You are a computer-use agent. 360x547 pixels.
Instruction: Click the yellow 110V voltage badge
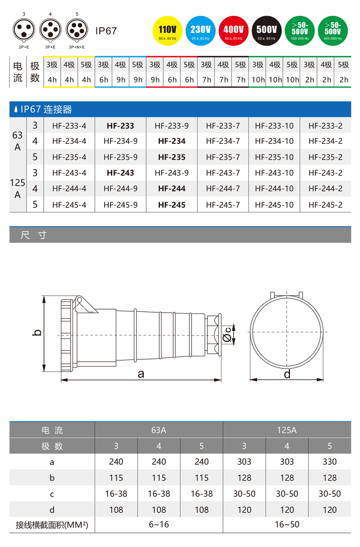pyautogui.click(x=167, y=30)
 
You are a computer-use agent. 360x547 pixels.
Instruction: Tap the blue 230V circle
pyautogui.click(x=200, y=30)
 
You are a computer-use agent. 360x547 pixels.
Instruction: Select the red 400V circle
pyautogui.click(x=234, y=30)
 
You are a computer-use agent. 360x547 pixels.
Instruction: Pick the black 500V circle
pyautogui.click(x=266, y=30)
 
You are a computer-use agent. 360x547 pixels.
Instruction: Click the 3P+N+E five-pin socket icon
pyautogui.click(x=77, y=30)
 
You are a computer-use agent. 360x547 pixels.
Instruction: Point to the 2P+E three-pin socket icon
pyautogui.click(x=23, y=30)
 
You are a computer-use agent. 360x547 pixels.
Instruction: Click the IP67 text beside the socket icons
pyautogui.click(x=106, y=31)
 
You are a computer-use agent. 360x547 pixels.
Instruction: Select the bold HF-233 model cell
pyautogui.click(x=120, y=126)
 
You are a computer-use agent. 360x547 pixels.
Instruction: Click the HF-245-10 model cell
pyautogui.click(x=274, y=205)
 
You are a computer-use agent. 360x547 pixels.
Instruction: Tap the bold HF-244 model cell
pyautogui.click(x=171, y=189)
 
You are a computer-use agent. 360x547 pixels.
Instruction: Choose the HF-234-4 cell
pyautogui.click(x=69, y=141)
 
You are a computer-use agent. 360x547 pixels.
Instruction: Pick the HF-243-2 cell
pyautogui.click(x=325, y=173)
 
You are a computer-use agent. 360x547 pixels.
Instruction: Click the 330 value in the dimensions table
pyautogui.click(x=329, y=462)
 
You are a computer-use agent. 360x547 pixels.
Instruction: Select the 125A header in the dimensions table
pyautogui.click(x=287, y=430)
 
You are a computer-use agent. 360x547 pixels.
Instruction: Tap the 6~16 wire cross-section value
pyautogui.click(x=158, y=525)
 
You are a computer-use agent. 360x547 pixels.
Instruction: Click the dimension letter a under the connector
pyautogui.click(x=141, y=373)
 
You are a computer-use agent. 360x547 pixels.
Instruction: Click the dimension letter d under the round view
pyautogui.click(x=287, y=374)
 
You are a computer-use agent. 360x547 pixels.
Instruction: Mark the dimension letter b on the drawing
pyautogui.click(x=38, y=333)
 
